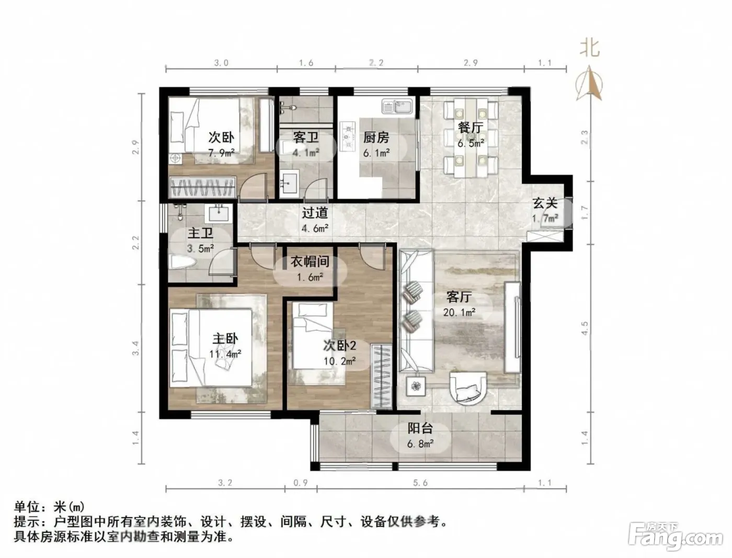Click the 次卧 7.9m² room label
point(221,145)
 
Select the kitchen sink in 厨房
point(397,107)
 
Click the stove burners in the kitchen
point(347,136)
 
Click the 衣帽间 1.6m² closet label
point(310,269)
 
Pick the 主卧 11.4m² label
point(225,346)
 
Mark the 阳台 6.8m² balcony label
point(420,436)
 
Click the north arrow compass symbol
point(589,83)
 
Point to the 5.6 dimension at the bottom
point(420,483)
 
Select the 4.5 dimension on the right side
point(584,328)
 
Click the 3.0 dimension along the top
point(221,63)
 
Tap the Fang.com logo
point(676,538)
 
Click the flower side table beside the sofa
point(416,386)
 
